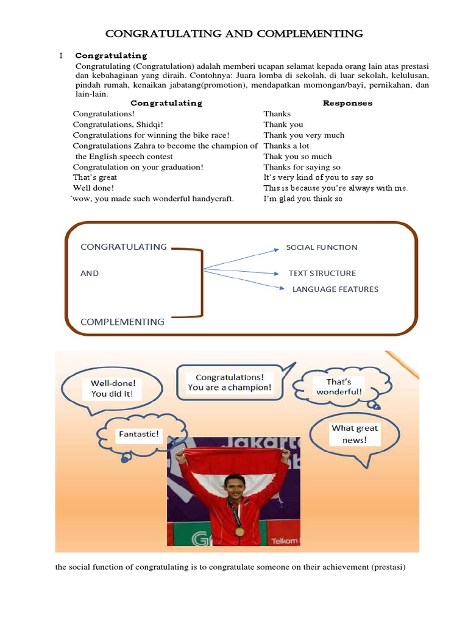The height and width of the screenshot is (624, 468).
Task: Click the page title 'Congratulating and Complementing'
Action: point(235,34)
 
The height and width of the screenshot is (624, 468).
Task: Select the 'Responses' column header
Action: point(347,103)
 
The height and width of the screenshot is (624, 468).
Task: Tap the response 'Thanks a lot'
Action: point(286,146)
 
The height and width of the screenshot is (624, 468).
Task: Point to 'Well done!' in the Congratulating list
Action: point(93,188)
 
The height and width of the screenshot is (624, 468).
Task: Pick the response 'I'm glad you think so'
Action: point(303,199)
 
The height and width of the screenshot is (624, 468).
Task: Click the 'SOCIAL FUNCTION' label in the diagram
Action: point(322,247)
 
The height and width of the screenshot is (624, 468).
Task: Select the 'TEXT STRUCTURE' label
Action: point(322,274)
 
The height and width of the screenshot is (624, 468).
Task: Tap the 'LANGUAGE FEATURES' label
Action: point(335,289)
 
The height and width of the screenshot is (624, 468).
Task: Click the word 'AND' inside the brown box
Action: point(90,274)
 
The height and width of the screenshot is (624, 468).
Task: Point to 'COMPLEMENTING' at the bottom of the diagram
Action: point(122,322)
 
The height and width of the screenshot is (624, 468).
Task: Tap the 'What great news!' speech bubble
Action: point(355,434)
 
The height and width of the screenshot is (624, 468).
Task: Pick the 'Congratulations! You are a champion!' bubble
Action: point(229,383)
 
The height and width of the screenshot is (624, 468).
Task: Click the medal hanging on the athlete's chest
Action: point(239,530)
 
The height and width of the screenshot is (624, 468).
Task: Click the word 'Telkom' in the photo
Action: point(285,541)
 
